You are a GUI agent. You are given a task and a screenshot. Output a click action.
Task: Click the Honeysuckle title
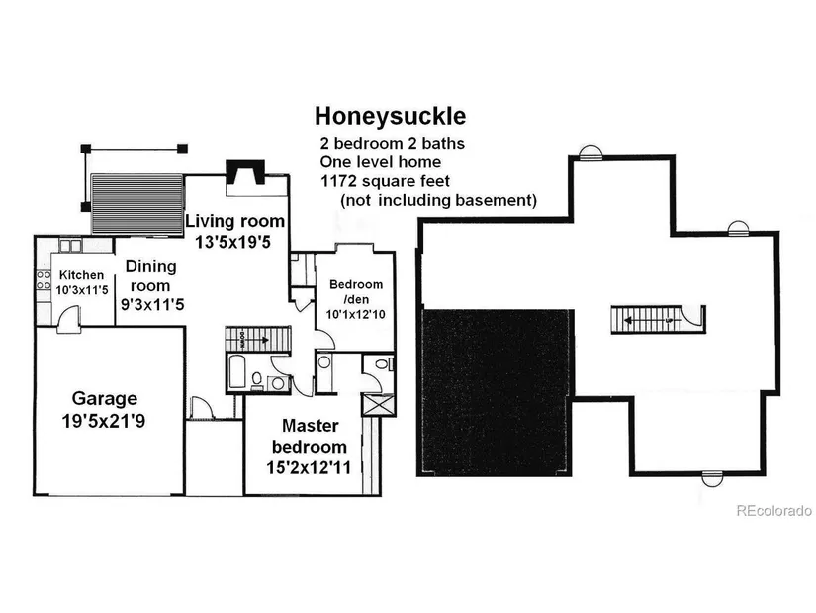tap(391, 117)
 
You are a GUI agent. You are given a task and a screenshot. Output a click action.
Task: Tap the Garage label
tap(105, 398)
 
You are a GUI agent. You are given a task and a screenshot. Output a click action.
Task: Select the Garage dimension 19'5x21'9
tap(104, 421)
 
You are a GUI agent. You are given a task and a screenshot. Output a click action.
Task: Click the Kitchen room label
tap(81, 274)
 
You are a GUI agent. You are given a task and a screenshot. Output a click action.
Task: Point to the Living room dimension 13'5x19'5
tap(233, 242)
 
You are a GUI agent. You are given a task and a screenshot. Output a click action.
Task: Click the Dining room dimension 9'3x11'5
tap(152, 304)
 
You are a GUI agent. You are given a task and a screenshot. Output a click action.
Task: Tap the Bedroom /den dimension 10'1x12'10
tap(356, 314)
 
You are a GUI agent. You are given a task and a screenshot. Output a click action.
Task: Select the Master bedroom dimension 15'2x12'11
tap(309, 467)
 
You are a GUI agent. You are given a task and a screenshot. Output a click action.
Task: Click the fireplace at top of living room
tap(245, 173)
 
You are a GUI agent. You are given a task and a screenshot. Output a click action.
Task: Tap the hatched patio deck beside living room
tap(137, 204)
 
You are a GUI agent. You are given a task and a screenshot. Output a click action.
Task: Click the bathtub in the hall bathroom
tap(236, 371)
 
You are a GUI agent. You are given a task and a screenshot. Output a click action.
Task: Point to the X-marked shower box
tap(379, 405)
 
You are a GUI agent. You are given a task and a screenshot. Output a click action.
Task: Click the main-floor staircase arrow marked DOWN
tap(255, 340)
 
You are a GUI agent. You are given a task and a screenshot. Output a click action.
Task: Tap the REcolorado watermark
tap(773, 511)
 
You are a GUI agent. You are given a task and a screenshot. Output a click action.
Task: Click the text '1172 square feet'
tap(385, 181)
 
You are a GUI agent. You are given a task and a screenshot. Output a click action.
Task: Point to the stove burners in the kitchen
tap(44, 280)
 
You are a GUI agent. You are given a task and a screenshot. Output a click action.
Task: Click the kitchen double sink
tap(70, 245)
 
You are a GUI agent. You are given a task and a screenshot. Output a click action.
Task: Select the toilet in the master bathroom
tap(384, 363)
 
